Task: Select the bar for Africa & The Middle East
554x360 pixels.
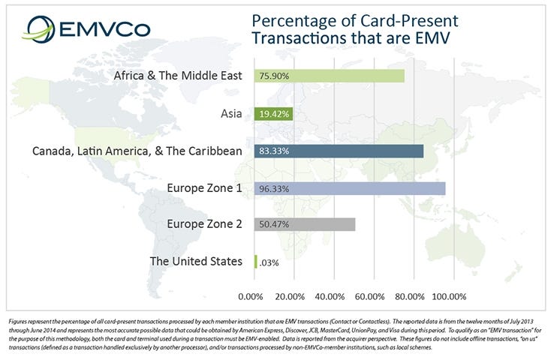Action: coord(330,76)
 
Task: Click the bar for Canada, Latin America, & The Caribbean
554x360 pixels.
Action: coord(339,151)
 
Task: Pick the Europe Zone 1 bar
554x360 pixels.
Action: coord(351,187)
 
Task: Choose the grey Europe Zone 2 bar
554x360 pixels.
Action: coord(305,224)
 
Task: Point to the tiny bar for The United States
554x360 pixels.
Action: coord(256,261)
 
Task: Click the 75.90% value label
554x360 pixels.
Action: coord(274,76)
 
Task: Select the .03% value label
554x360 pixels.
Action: coord(269,262)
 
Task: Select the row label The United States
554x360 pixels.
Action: coord(196,261)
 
